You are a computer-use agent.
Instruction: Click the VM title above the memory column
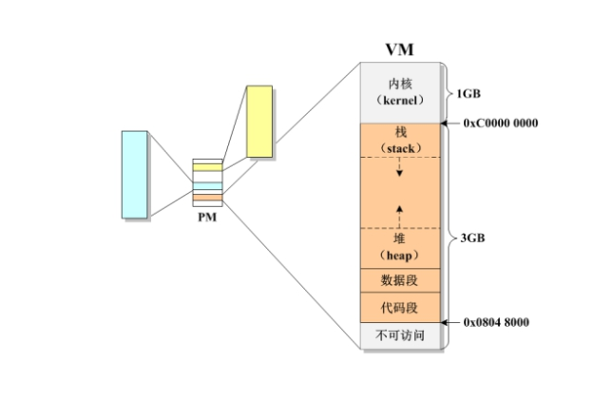pyautogui.click(x=399, y=48)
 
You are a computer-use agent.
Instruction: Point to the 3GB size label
pyautogui.click(x=472, y=238)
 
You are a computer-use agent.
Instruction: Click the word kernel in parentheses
pyautogui.click(x=400, y=100)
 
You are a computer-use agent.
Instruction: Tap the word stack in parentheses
pyautogui.click(x=400, y=148)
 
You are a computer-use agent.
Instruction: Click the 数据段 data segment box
pyautogui.click(x=400, y=281)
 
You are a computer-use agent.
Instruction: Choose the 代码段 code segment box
pyautogui.click(x=400, y=309)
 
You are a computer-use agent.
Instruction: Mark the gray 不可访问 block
pyautogui.click(x=400, y=335)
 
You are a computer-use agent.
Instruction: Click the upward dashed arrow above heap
pyautogui.click(x=400, y=211)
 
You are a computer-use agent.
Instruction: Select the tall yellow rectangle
pyautogui.click(x=259, y=121)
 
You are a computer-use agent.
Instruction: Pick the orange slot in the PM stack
pyautogui.click(x=207, y=198)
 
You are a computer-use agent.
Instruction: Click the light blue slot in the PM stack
pyautogui.click(x=207, y=185)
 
